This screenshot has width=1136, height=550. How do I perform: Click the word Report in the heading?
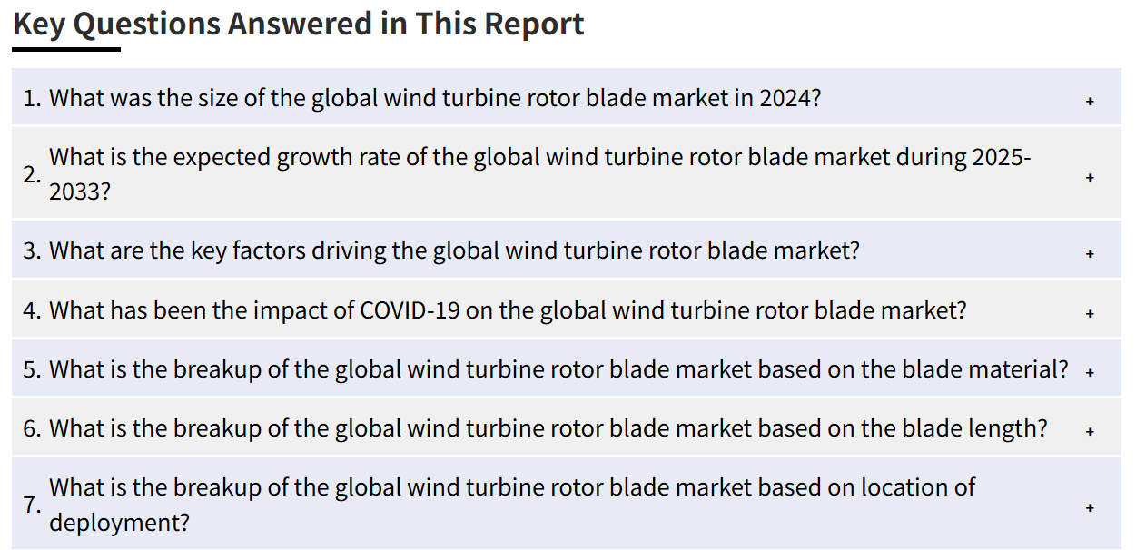click(535, 25)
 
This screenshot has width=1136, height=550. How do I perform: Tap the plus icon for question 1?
click(1090, 102)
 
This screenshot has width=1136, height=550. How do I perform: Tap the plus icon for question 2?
click(1090, 177)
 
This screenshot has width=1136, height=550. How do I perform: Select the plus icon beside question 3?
click(1090, 253)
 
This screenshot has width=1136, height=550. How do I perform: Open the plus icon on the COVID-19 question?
click(1090, 313)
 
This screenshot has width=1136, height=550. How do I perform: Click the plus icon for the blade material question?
click(1090, 373)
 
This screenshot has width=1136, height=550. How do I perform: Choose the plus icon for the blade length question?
click(1090, 431)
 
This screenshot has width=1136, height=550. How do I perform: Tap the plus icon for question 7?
click(1090, 507)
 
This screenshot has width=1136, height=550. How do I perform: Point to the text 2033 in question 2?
click(74, 192)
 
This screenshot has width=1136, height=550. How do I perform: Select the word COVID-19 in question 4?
click(410, 310)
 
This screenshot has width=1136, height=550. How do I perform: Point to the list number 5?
click(32, 370)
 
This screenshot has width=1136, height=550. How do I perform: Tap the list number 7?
click(32, 506)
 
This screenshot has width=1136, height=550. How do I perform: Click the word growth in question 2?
click(307, 158)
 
